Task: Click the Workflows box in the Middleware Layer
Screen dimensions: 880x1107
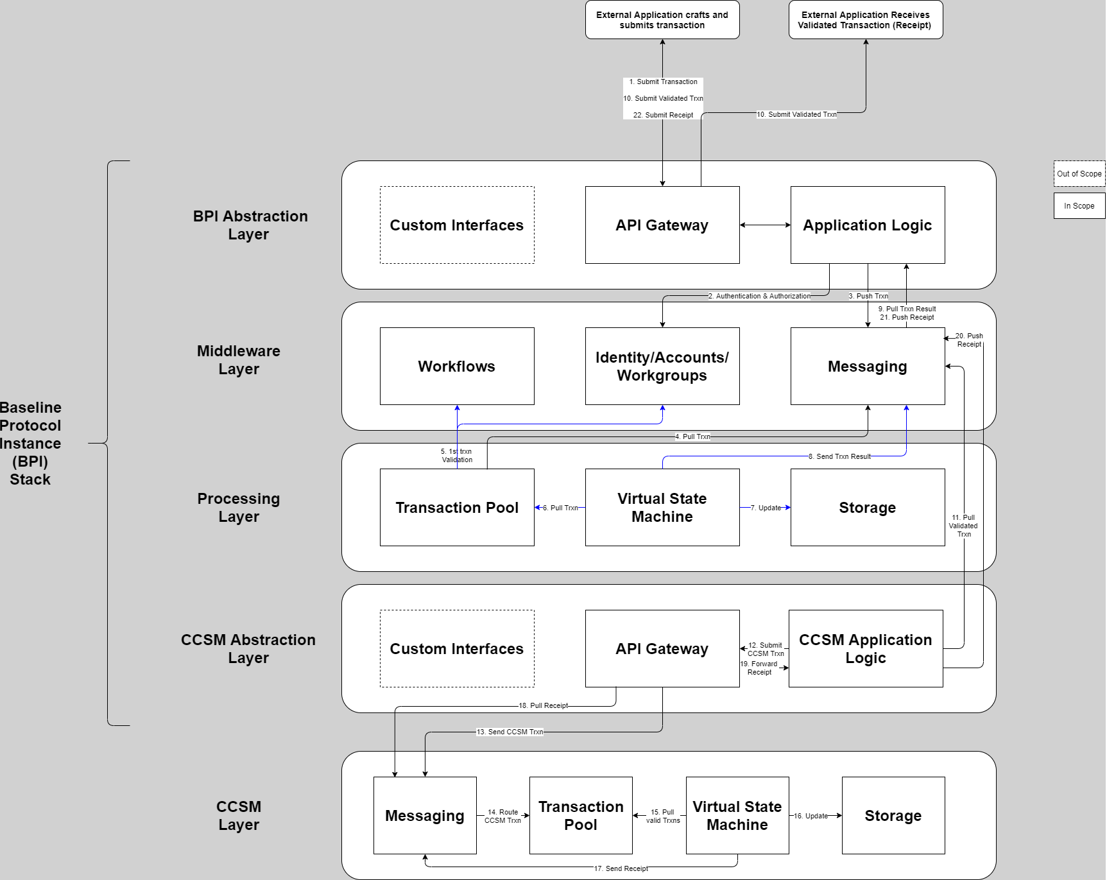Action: [457, 367]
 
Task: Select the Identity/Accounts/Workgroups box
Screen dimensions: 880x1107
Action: [662, 367]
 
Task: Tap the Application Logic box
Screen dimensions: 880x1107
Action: [868, 225]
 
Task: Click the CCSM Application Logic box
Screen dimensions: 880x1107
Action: [866, 649]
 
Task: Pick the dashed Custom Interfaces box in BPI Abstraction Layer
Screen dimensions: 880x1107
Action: [457, 225]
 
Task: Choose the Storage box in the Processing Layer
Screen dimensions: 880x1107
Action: [868, 508]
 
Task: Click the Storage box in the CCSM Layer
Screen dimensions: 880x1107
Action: [893, 816]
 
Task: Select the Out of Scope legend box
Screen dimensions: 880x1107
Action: [1079, 174]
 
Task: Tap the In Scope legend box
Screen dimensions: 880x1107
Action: [1079, 206]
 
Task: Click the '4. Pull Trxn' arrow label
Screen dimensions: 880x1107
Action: [692, 436]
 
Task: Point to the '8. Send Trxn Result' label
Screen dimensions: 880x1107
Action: [840, 456]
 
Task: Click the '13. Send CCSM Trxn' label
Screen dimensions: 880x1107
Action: [510, 732]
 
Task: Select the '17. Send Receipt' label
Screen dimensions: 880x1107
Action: [621, 868]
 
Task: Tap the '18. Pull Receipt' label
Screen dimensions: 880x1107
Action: [543, 705]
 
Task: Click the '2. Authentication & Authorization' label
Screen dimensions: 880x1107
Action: [759, 296]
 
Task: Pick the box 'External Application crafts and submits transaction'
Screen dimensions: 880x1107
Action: [662, 20]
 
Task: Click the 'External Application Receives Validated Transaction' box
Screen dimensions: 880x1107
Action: [866, 20]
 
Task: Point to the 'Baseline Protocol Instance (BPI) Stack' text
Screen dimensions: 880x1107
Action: [30, 444]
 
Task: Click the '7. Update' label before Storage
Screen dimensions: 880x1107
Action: [766, 508]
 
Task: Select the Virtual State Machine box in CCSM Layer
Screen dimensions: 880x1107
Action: [737, 816]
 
